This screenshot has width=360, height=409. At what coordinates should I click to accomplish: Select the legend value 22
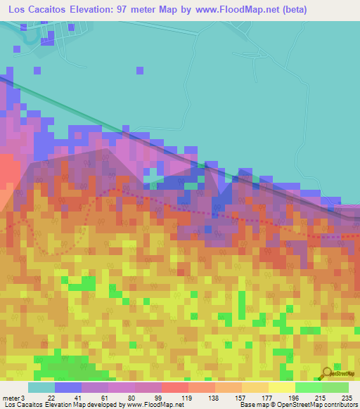click(51, 397)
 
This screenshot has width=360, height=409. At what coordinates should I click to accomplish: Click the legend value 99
click(158, 397)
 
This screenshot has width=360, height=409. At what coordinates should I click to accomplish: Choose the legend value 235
click(346, 397)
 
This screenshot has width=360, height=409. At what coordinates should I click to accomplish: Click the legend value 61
click(105, 397)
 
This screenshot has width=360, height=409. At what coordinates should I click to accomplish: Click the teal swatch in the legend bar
click(41, 387)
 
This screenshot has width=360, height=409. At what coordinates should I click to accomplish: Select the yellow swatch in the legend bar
click(281, 387)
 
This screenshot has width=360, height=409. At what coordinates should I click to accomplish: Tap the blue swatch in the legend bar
click(68, 387)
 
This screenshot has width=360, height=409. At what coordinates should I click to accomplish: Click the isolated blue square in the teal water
click(140, 70)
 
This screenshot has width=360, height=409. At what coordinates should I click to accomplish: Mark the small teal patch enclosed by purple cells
click(150, 176)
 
